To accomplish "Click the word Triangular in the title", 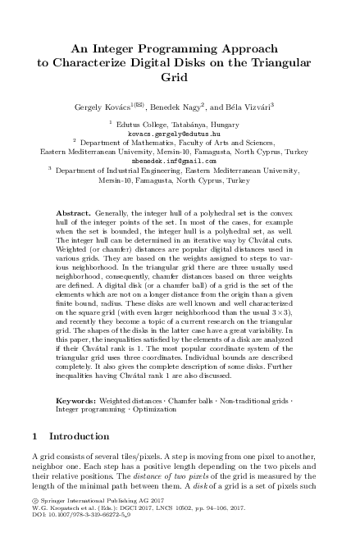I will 283,61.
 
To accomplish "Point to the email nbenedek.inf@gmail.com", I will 179,161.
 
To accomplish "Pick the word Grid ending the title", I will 180,78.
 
